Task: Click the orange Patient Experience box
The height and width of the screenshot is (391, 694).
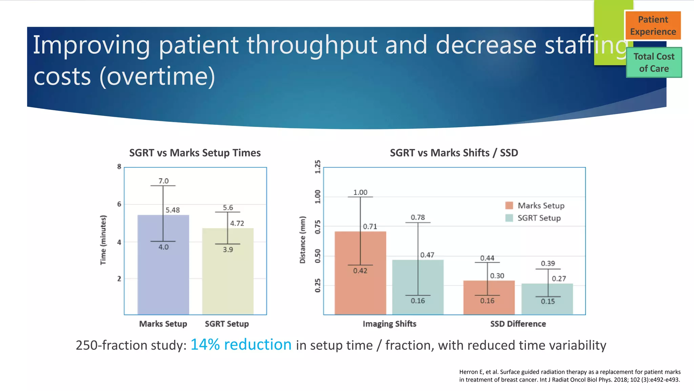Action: click(653, 25)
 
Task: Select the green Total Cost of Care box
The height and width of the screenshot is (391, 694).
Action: click(654, 62)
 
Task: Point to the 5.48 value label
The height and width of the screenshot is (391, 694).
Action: click(172, 210)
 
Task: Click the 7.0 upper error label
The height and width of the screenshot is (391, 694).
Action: click(163, 181)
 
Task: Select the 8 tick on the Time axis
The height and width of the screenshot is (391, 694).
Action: click(119, 167)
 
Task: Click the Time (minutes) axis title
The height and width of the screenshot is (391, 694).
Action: click(103, 240)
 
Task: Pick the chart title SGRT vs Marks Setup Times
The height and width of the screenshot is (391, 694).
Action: click(195, 153)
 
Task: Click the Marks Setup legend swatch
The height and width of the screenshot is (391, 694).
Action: click(509, 205)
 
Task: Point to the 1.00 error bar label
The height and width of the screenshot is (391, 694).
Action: click(360, 192)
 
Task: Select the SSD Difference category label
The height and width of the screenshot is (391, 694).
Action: click(518, 324)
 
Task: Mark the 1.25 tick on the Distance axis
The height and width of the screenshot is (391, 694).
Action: click(318, 167)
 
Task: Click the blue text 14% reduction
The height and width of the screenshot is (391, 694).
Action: click(241, 345)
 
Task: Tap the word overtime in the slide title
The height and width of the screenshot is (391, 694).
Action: click(158, 76)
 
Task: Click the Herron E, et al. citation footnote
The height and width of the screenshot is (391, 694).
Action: click(569, 376)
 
